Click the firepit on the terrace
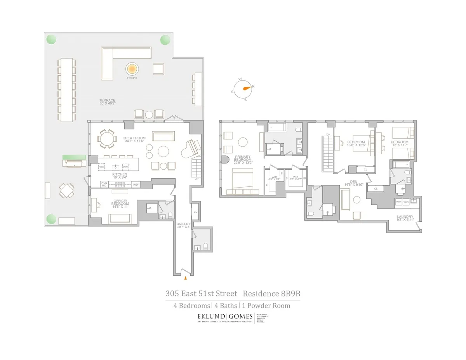(132, 70)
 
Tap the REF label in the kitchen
(136, 184)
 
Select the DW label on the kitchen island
(125, 167)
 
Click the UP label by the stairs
(197, 179)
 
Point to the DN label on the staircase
(328, 134)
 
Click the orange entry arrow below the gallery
(185, 278)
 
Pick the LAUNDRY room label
(405, 217)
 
